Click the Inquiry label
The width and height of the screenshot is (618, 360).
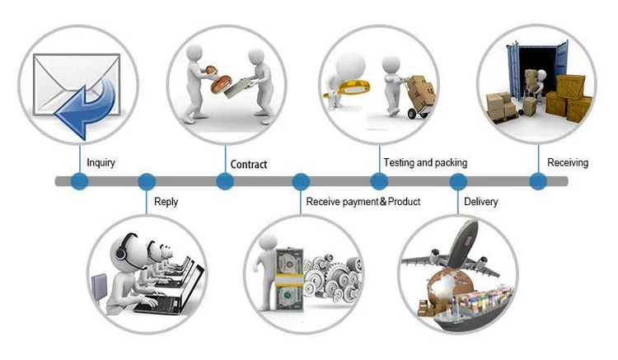click(101, 162)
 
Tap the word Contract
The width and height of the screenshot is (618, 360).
click(249, 164)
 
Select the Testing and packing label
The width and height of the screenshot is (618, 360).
click(426, 162)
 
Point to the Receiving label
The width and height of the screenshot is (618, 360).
click(568, 162)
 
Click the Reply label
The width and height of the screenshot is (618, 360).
click(166, 202)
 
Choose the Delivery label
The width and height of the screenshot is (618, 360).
click(481, 202)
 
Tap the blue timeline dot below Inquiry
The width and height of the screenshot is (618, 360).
click(79, 181)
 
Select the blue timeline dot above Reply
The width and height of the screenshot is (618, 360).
click(147, 181)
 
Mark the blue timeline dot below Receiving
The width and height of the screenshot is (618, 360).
click(538, 181)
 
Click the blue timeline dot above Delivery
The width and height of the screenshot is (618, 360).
click(458, 181)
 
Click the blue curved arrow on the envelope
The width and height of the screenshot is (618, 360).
click(87, 108)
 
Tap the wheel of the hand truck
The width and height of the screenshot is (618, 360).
click(412, 114)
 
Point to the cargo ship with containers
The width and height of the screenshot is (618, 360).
click(471, 309)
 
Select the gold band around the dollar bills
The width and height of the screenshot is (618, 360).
click(288, 280)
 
